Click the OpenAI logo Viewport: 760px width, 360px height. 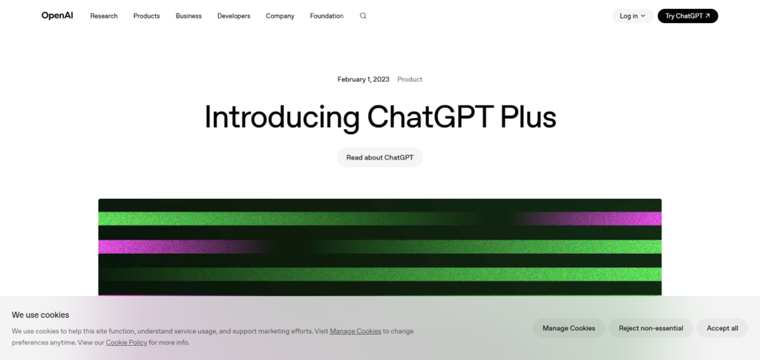coord(57,16)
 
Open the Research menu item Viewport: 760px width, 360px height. coord(104,16)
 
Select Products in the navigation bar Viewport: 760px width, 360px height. coord(146,16)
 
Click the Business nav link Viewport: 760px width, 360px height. coord(189,16)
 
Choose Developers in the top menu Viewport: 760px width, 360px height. coord(234,16)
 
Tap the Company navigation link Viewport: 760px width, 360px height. coord(280,16)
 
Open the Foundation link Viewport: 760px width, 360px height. coord(327,16)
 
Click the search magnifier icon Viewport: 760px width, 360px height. coord(363,16)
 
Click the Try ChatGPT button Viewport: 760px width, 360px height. coord(687,16)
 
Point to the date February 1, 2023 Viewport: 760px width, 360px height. coord(364,79)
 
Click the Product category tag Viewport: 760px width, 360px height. coord(410,79)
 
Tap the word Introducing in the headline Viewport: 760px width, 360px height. coord(282,118)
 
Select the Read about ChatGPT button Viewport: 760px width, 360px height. coord(380,157)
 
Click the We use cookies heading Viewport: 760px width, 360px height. coord(40,315)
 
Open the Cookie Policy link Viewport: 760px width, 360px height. coord(126,342)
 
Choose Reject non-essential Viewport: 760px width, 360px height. coord(651,328)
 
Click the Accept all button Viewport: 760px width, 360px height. coord(722,328)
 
